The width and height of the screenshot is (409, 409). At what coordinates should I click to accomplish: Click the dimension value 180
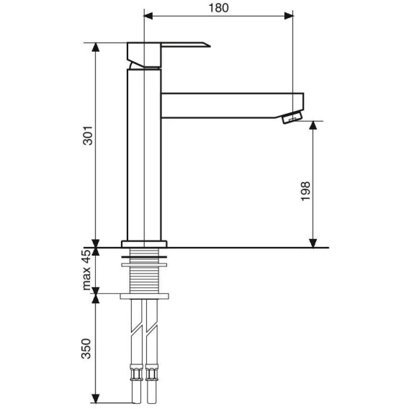pyautogui.click(x=219, y=8)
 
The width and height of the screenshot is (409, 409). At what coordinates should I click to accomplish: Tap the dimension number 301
pyautogui.click(x=88, y=135)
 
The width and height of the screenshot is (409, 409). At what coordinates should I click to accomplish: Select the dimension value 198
pyautogui.click(x=305, y=191)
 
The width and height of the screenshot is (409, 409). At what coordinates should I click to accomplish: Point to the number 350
pyautogui.click(x=86, y=349)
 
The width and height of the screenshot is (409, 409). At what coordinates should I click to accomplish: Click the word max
pyautogui.click(x=86, y=279)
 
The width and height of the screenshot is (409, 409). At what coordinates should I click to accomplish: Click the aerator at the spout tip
pyautogui.click(x=292, y=117)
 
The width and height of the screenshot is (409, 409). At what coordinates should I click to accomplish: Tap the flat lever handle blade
pyautogui.click(x=186, y=45)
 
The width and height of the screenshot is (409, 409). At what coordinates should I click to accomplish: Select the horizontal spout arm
pyautogui.click(x=232, y=105)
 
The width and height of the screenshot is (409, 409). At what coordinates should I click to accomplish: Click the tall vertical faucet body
pyautogui.click(x=144, y=155)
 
